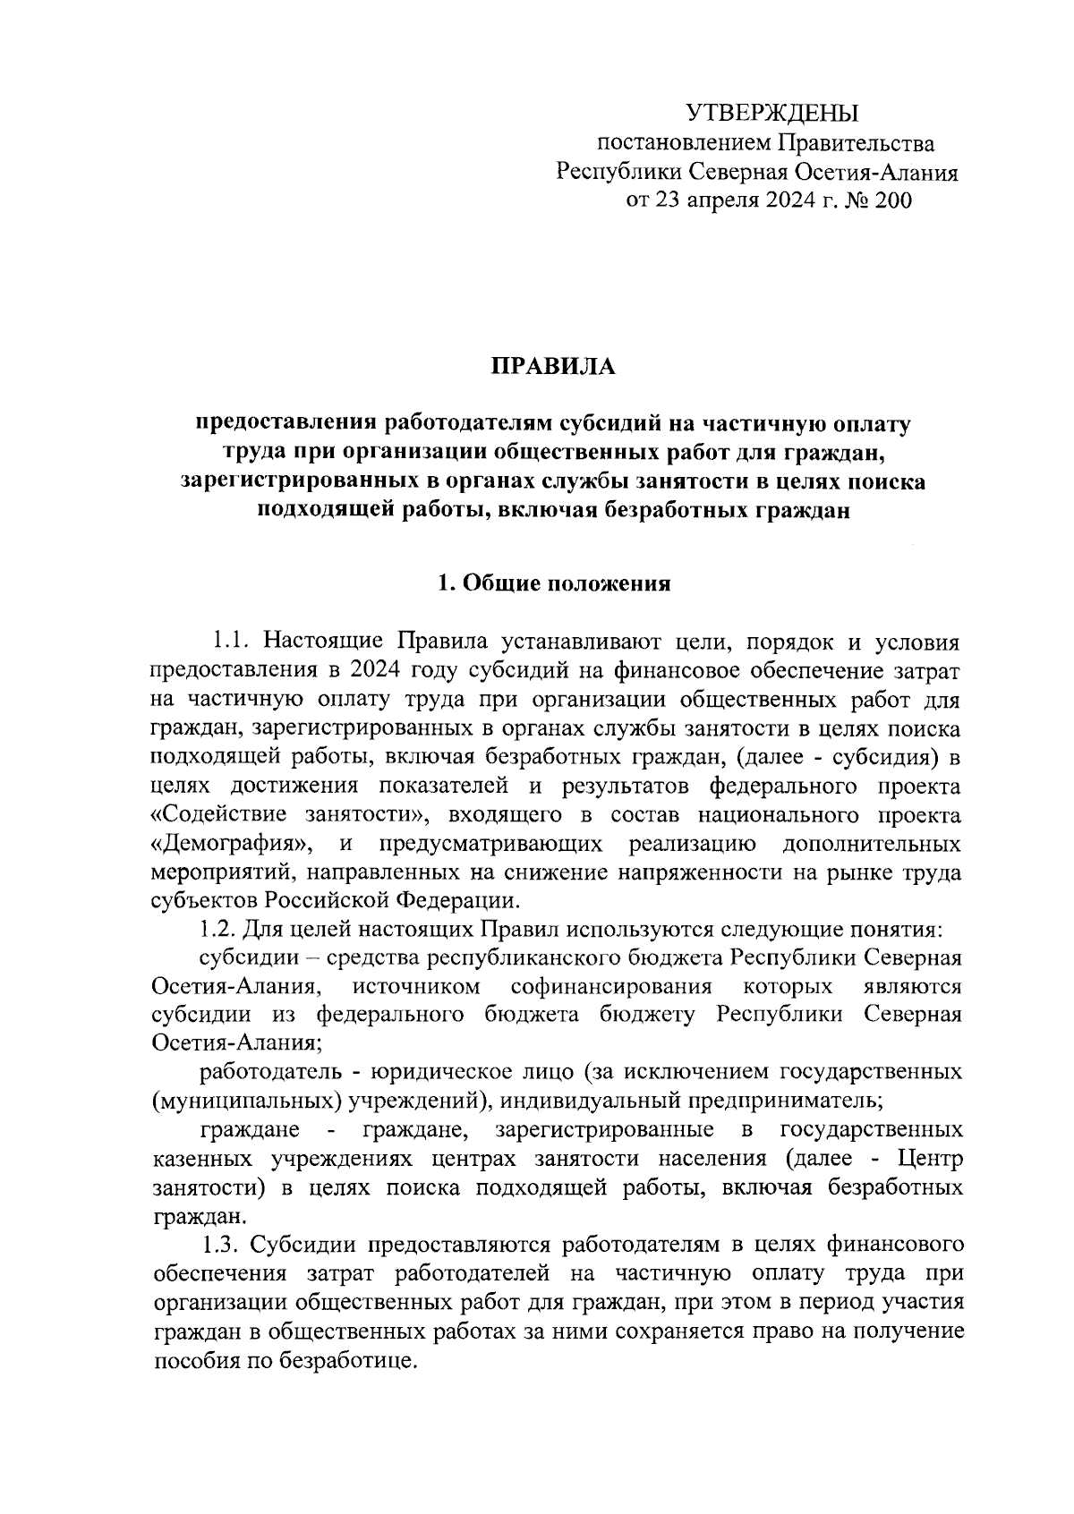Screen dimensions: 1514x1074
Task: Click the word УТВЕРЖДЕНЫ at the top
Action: point(771,113)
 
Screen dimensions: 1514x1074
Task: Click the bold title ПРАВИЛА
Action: point(552,367)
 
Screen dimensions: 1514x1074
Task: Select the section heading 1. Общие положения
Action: point(553,585)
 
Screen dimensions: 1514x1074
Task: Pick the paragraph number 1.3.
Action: point(221,1245)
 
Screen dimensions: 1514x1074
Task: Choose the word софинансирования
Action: point(611,987)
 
